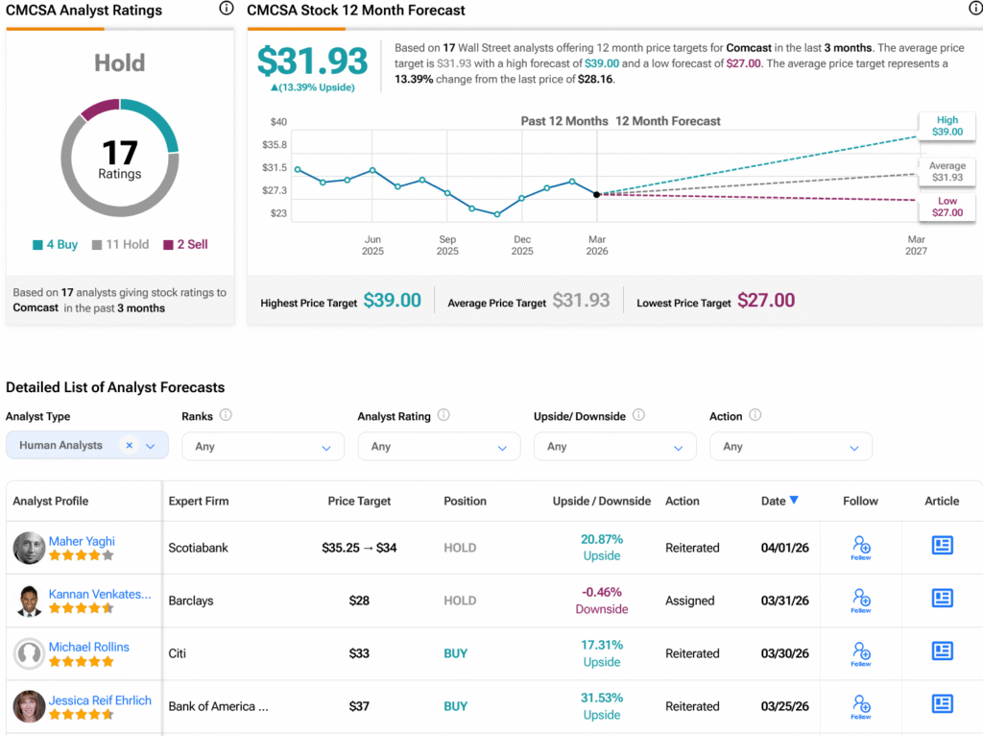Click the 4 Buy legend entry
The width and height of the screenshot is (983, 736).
coord(55,244)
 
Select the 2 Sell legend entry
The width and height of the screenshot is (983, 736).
coord(185,244)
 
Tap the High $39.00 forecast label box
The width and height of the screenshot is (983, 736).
coord(947,126)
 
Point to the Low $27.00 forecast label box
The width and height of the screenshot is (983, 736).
coord(947,207)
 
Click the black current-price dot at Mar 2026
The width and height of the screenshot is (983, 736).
coord(597,194)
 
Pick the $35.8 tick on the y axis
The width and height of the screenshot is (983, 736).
coord(275,144)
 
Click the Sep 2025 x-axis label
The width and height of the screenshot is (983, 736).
coord(447,245)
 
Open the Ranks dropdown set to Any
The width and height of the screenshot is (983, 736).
coord(263,446)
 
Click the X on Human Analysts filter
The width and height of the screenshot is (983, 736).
coord(130,445)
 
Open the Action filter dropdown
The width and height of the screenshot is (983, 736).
coord(791,446)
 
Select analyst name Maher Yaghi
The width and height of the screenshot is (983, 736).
coord(82,541)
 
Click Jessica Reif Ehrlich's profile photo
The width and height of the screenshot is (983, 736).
coord(29,706)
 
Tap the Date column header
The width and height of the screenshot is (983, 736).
coord(779,501)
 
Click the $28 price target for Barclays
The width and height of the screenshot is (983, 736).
coord(359,601)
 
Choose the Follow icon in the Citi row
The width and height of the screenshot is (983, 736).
coord(861,653)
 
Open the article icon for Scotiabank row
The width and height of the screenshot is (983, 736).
coord(943,545)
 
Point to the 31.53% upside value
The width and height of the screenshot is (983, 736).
coord(602,698)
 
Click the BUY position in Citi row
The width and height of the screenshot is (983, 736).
coord(456,653)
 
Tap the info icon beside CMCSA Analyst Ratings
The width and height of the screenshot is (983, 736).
coord(227,8)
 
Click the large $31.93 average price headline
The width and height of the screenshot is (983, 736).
coord(312,61)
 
